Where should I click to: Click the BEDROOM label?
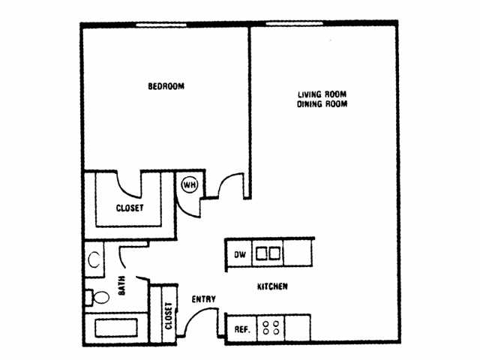point(166,87)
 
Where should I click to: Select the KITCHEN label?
point(273,287)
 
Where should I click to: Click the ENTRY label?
point(203,299)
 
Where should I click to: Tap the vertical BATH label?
point(121,286)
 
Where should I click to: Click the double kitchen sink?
point(268,254)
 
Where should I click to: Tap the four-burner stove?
point(270,328)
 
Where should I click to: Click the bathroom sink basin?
point(94,260)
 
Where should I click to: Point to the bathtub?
point(113,328)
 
